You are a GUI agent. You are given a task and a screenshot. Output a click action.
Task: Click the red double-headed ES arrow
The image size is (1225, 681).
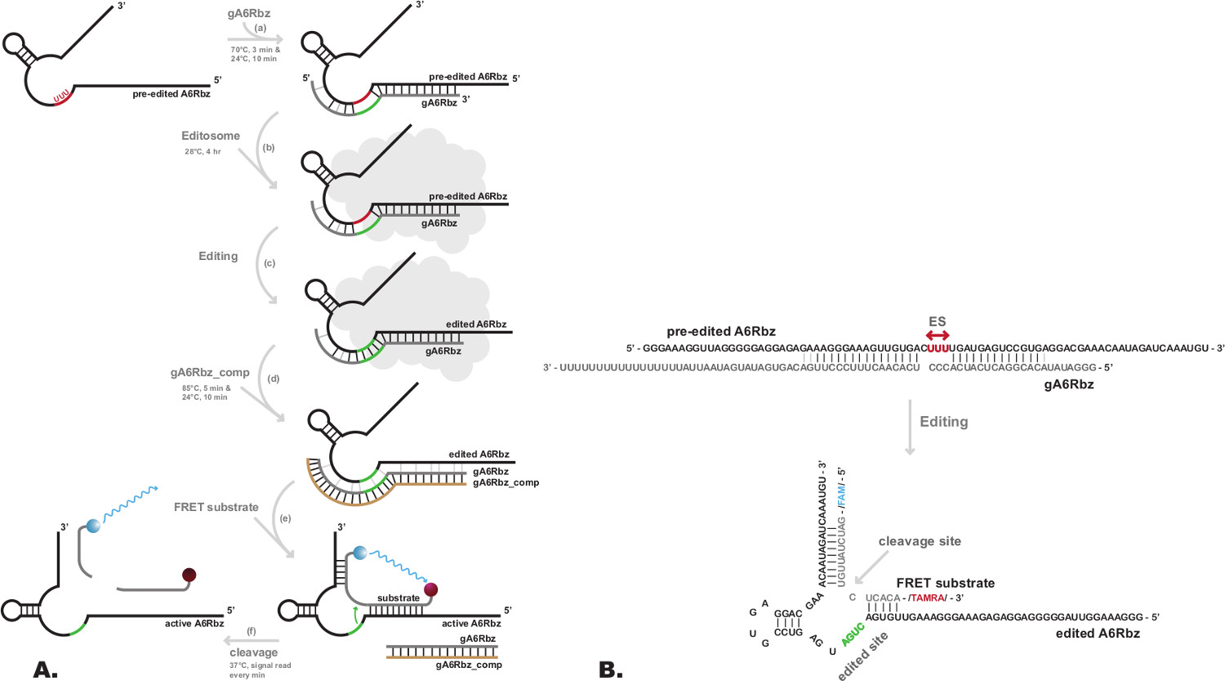pyautogui.click(x=938, y=335)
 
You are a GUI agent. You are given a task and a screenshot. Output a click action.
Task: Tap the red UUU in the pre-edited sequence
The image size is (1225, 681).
pyautogui.click(x=938, y=348)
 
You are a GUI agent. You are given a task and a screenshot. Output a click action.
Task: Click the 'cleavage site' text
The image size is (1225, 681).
pyautogui.click(x=920, y=541)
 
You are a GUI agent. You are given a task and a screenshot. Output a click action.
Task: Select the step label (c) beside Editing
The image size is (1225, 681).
pyautogui.click(x=269, y=263)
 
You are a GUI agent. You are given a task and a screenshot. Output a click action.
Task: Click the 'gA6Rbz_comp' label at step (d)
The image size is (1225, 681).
pyautogui.click(x=210, y=373)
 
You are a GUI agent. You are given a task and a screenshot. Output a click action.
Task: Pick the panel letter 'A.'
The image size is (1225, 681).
pyautogui.click(x=46, y=670)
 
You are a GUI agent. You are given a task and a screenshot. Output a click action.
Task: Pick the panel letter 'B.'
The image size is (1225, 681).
pyautogui.click(x=611, y=670)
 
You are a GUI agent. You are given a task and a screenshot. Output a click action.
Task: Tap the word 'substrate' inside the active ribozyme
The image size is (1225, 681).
pyautogui.click(x=399, y=598)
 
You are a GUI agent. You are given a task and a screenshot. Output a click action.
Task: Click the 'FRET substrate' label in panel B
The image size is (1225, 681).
pyautogui.click(x=946, y=583)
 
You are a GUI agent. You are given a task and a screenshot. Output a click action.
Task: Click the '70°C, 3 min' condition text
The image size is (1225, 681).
pyautogui.click(x=255, y=50)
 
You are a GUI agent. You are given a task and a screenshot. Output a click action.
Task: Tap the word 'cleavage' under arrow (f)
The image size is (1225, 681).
pyautogui.click(x=253, y=652)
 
